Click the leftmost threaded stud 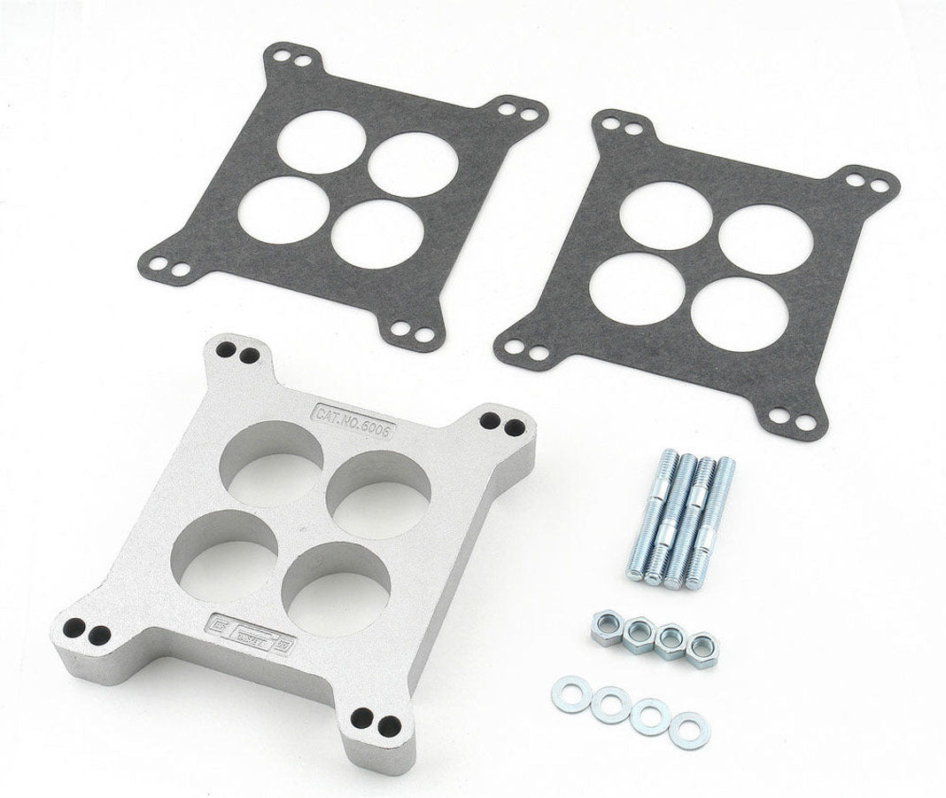click(x=640, y=519)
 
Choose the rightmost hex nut click(x=702, y=648)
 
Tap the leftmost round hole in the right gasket click(x=635, y=290)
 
